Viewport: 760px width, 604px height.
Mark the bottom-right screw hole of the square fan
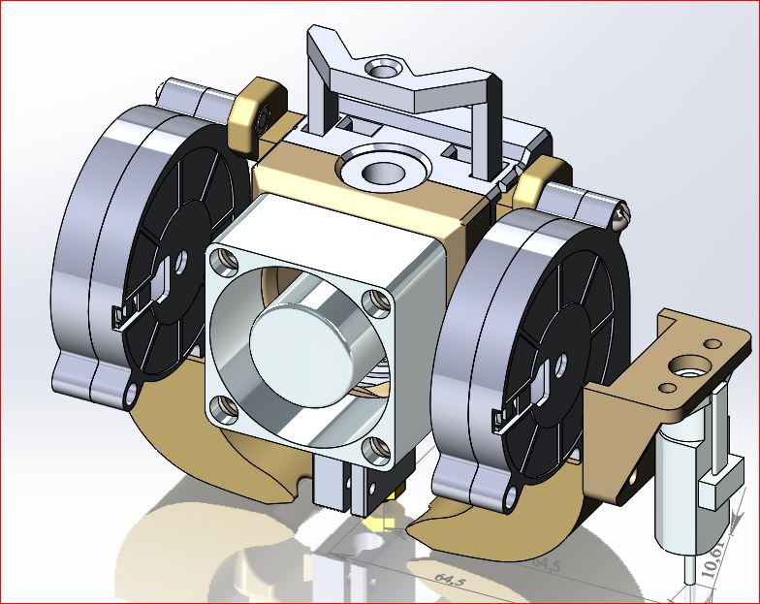click(x=373, y=449)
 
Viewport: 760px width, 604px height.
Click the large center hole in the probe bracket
click(x=690, y=368)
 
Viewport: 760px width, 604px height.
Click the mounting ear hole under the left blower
click(x=130, y=392)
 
